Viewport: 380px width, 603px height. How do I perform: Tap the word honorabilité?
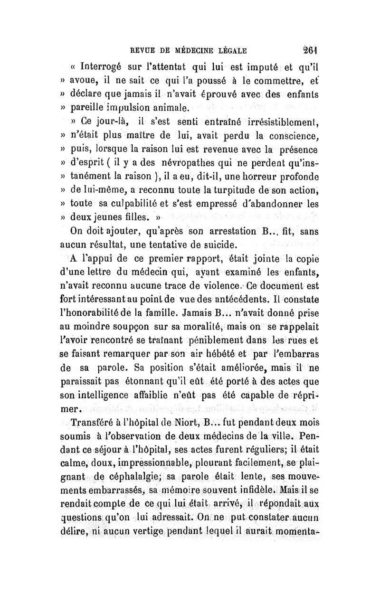[x=96, y=314]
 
